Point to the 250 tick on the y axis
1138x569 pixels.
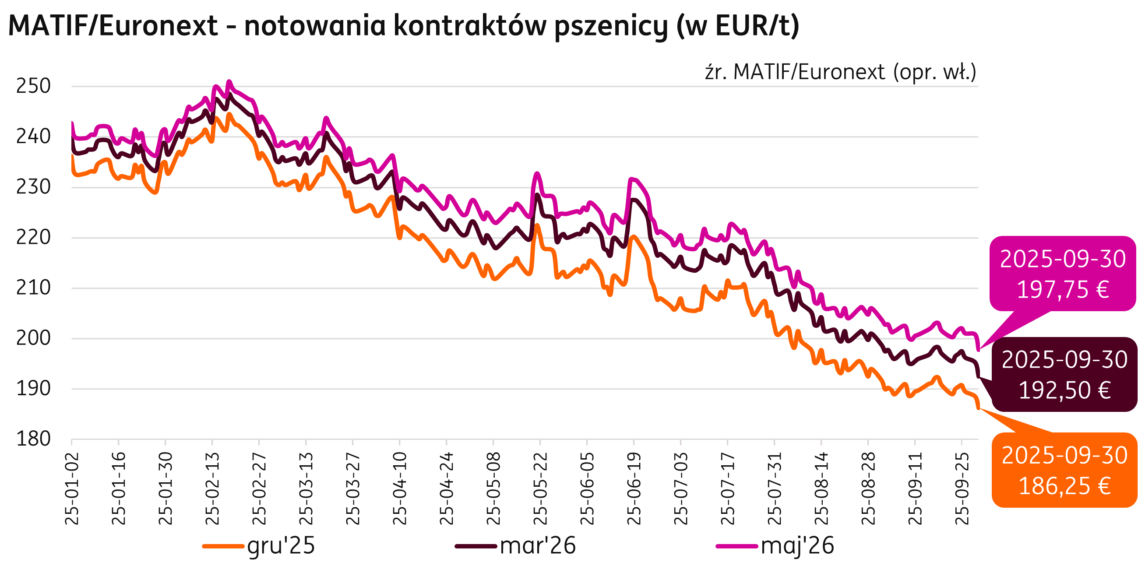[x=34, y=86]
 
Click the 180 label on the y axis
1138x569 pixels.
[x=34, y=439]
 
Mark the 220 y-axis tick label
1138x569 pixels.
[x=34, y=238]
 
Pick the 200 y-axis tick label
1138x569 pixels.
[x=34, y=338]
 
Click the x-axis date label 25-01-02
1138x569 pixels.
[x=72, y=488]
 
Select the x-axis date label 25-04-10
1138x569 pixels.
[x=400, y=488]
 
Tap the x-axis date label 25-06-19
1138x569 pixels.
[x=634, y=488]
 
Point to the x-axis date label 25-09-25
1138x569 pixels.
[x=962, y=488]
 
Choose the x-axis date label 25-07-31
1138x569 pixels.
[x=775, y=488]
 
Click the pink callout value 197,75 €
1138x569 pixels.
[x=1063, y=290]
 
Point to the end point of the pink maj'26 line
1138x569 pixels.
[x=979, y=350]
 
